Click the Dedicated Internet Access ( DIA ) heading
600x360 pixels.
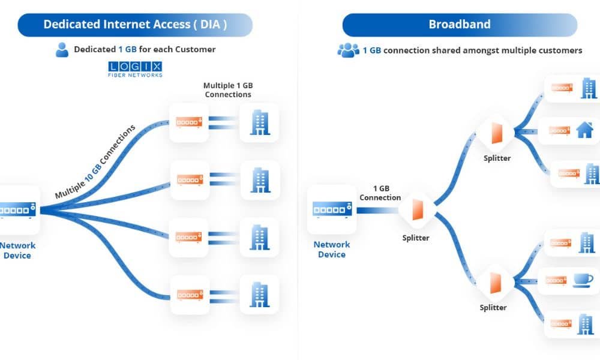coord(135,25)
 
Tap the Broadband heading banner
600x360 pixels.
coord(460,25)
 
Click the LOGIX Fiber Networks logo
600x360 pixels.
coord(135,69)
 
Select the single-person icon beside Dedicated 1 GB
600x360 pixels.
coord(62,50)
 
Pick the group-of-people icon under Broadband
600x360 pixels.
coord(348,50)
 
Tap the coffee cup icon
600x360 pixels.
coord(582,280)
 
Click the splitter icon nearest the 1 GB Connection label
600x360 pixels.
coord(416,211)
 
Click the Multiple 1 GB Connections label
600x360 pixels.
coord(227,90)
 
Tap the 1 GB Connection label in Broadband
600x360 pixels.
coord(380,193)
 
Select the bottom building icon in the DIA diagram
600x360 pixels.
coord(259,294)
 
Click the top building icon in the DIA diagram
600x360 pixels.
coord(259,122)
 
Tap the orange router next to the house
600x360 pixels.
coord(559,130)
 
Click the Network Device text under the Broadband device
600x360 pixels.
coord(331,250)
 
